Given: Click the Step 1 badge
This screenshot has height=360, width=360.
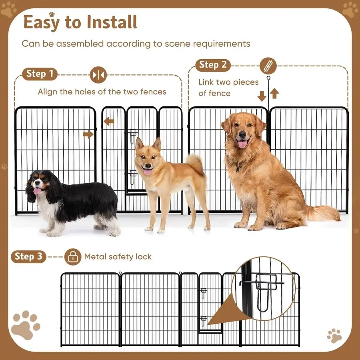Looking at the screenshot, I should click(40, 74).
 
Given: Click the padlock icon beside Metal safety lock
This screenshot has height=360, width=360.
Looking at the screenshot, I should click(72, 257).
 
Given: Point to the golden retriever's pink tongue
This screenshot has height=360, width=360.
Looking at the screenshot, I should click(242, 144).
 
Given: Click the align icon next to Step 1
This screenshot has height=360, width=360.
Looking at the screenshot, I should click(98, 74).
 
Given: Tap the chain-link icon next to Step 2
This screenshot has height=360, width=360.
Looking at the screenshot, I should click(268, 65).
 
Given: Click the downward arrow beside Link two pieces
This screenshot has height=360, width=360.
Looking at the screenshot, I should click(262, 96).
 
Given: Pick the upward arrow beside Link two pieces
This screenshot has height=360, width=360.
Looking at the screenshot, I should click(274, 94).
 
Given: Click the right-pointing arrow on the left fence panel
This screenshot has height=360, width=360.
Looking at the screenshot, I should click(88, 134).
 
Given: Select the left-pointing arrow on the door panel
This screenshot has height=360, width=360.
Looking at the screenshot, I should click(108, 121).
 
